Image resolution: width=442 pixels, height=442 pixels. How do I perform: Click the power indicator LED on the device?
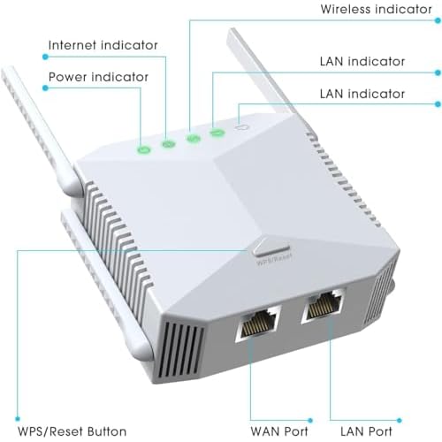144,149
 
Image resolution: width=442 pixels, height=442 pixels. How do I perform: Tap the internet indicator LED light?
168,143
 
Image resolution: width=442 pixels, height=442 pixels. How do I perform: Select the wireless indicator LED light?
193,138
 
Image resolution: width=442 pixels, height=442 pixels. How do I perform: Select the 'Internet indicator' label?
103,44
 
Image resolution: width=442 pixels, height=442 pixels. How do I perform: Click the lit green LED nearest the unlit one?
217,133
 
